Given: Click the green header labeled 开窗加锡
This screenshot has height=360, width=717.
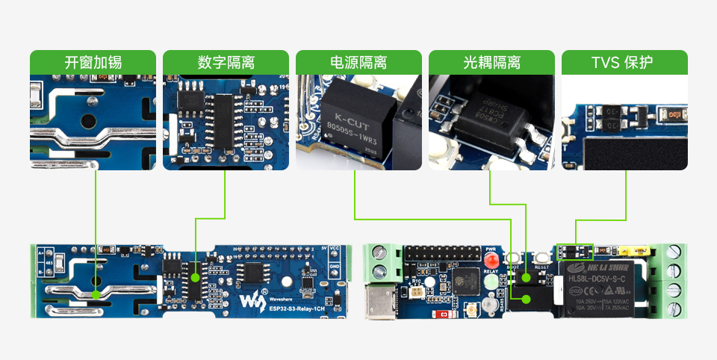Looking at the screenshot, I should (93, 62).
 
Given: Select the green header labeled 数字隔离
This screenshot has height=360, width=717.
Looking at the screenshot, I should (226, 62).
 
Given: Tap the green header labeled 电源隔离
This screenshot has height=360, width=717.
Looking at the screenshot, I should (358, 62).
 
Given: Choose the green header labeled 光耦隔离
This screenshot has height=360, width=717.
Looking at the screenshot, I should (491, 62).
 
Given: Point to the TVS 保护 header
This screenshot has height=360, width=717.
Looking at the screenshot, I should (624, 62).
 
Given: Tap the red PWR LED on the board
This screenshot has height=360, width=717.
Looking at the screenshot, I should (491, 261).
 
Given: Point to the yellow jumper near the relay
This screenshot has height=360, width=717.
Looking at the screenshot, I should (640, 248).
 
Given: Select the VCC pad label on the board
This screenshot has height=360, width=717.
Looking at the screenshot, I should (335, 249).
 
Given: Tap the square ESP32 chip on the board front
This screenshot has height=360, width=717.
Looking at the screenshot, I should (462, 281).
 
